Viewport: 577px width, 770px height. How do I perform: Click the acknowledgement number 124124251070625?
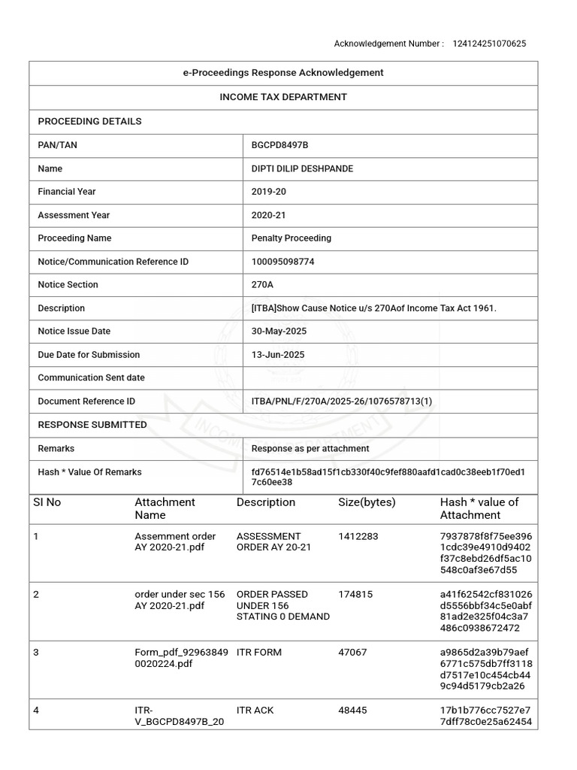[489, 44]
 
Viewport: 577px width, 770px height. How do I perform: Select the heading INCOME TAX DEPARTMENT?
[283, 97]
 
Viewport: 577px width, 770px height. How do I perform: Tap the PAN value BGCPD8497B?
[279, 145]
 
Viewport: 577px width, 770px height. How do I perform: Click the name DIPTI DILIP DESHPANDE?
[302, 168]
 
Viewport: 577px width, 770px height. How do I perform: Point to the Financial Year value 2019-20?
[268, 192]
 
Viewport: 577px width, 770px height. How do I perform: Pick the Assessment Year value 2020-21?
[268, 215]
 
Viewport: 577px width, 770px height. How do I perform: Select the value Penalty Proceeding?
[291, 238]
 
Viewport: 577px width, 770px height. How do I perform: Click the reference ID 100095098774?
[282, 262]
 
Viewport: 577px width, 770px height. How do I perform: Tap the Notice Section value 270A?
[263, 285]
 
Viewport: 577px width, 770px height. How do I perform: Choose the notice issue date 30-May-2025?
[279, 332]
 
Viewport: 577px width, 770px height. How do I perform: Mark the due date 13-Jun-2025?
[278, 355]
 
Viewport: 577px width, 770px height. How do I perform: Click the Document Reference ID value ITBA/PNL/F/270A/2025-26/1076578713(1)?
[342, 402]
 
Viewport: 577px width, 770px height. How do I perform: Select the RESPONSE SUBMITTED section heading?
[92, 425]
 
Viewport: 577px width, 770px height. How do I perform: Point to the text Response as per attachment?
[310, 448]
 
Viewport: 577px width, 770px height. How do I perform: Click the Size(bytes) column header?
[367, 502]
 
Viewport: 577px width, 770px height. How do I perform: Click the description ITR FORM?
[259, 652]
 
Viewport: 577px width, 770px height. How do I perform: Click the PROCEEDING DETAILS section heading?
[89, 121]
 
